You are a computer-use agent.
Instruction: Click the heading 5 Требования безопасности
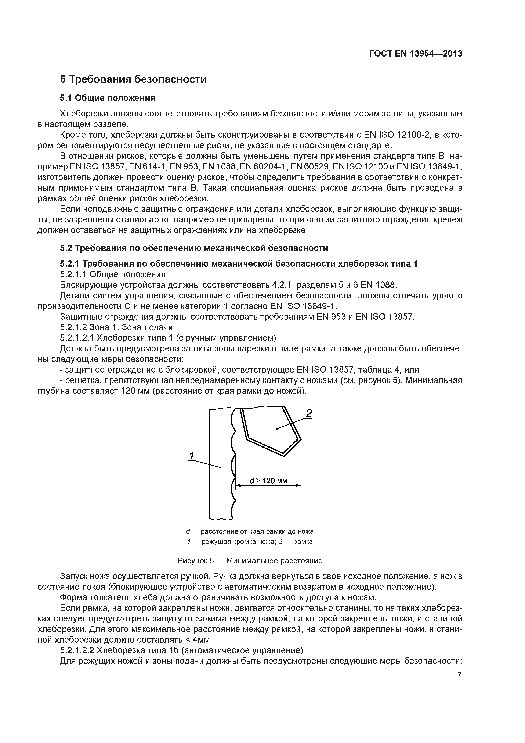133,79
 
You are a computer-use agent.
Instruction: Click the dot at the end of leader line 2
277,428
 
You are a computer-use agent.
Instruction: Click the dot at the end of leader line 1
220,467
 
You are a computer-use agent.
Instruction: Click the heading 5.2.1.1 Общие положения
113,274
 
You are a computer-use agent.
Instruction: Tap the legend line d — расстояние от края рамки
250,531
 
